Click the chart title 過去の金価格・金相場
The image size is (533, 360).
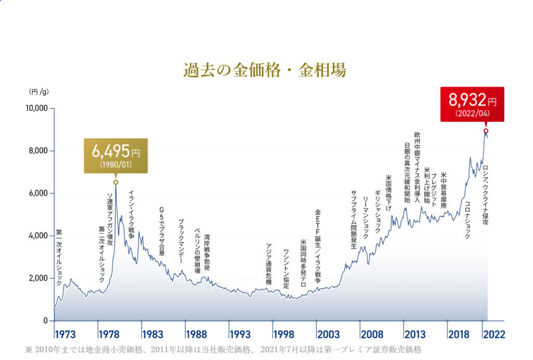[x=265, y=70]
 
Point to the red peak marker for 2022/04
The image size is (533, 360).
[x=486, y=131]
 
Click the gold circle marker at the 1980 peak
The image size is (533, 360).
[x=116, y=182]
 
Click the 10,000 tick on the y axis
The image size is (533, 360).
[x=37, y=108]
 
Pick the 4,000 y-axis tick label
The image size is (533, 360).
[x=39, y=236]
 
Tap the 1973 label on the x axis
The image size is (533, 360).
[x=65, y=333]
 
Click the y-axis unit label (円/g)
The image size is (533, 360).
[x=39, y=92]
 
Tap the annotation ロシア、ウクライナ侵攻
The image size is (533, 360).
[x=486, y=195]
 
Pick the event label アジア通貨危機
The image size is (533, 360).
[x=269, y=264]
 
